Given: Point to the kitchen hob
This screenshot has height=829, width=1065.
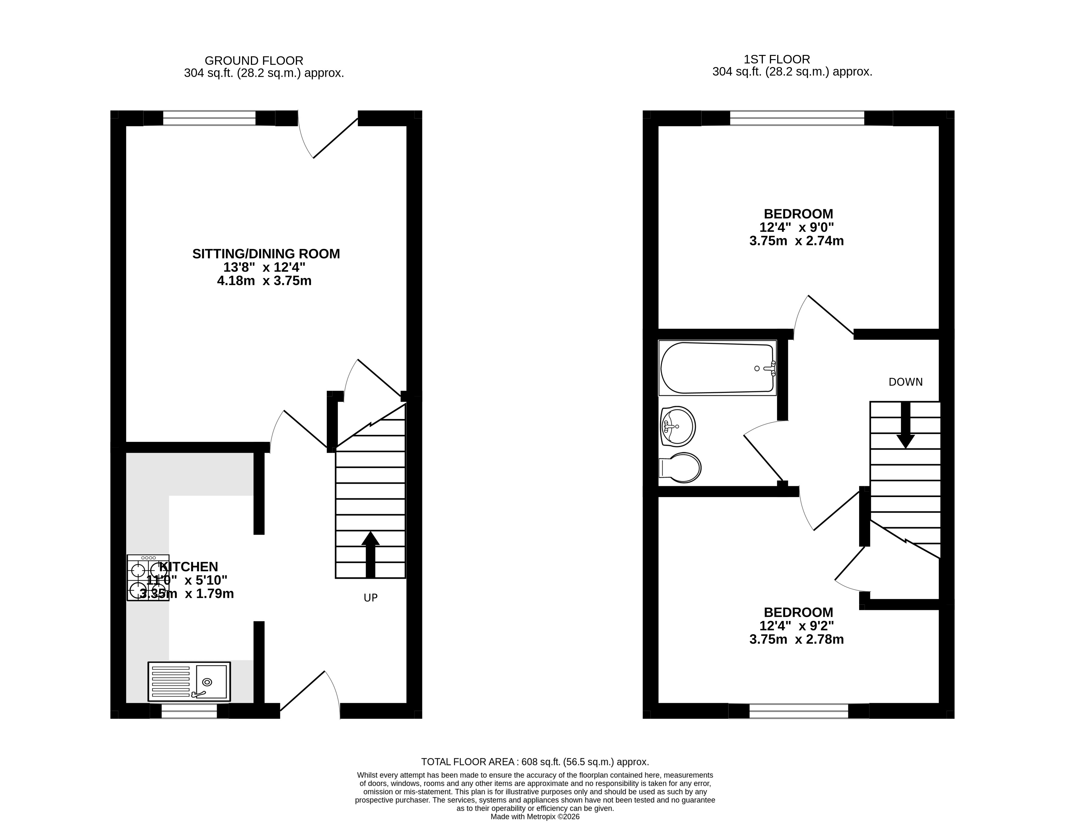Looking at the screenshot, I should [148, 577].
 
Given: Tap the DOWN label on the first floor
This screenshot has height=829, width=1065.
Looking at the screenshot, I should [906, 382].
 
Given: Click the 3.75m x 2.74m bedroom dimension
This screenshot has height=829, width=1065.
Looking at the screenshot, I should [796, 241].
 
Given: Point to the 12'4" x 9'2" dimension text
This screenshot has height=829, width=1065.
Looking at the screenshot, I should [796, 626].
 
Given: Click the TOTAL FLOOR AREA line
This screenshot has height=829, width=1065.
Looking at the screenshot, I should [535, 762].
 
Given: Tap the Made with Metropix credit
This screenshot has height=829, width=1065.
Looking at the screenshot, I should [535, 817].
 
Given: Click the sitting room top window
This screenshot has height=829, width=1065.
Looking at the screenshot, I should [209, 118].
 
